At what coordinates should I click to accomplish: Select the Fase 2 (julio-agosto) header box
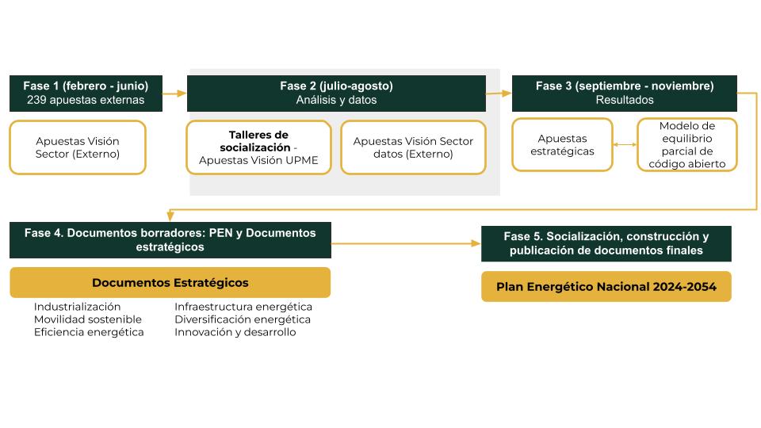[336, 93]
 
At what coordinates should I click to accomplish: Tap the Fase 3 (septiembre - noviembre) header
[624, 93]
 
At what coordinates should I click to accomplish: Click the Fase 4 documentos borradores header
[170, 239]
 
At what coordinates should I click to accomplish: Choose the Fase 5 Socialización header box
[606, 243]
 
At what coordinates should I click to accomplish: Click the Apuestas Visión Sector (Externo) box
[78, 147]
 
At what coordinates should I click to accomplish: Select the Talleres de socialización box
[258, 147]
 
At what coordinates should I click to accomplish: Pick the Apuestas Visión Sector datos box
[413, 147]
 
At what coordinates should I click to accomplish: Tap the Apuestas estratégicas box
[561, 145]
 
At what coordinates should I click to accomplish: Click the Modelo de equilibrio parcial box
[686, 145]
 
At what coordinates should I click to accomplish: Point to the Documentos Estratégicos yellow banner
[170, 282]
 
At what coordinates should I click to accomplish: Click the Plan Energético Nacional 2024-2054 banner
[606, 287]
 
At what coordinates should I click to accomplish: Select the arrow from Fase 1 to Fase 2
[174, 94]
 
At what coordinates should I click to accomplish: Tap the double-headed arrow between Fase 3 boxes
[625, 145]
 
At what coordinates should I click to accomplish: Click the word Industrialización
[77, 307]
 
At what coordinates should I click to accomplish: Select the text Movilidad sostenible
[87, 319]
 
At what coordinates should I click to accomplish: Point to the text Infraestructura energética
[243, 307]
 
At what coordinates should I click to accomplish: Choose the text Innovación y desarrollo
[235, 332]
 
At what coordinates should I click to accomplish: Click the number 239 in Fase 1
[36, 101]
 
